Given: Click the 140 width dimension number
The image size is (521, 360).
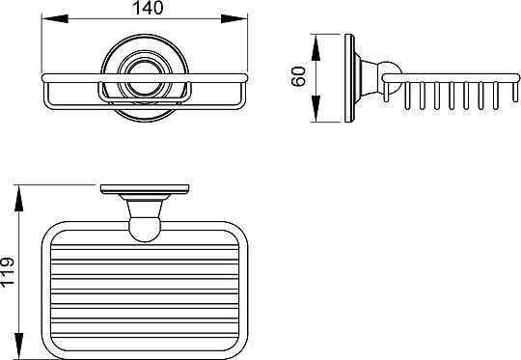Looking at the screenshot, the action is (148, 8).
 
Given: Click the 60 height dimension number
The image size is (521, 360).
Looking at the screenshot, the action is (298, 76).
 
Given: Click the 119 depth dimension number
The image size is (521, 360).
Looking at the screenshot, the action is (8, 271).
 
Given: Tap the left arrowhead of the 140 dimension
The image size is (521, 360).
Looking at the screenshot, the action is (55, 19).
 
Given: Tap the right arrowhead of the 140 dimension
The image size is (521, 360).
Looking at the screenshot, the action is (234, 19).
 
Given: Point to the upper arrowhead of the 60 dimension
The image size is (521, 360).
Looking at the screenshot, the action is (315, 47).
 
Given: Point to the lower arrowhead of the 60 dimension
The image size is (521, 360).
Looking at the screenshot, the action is (315, 108).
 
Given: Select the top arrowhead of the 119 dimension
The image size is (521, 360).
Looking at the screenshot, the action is (19, 198).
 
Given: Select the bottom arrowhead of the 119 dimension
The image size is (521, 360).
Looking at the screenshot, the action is (19, 346).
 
